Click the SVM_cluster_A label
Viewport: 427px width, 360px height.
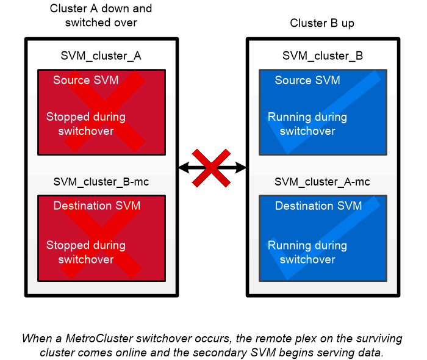[101, 56]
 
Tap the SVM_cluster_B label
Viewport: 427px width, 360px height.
[323, 56]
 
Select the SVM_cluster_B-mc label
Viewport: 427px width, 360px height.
[101, 182]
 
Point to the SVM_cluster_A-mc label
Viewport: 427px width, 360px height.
[323, 182]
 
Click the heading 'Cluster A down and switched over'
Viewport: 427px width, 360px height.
[101, 16]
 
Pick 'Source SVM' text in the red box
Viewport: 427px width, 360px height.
[86, 81]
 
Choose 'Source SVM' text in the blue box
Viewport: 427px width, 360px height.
[307, 81]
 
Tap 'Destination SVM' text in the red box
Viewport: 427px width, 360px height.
[97, 206]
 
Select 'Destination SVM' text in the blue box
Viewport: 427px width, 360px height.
[318, 206]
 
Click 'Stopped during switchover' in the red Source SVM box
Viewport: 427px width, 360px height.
[86, 124]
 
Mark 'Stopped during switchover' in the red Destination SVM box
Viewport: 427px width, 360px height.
[86, 252]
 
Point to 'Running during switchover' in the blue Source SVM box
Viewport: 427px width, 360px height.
[307, 124]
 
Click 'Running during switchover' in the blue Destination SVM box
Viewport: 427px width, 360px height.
[307, 252]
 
